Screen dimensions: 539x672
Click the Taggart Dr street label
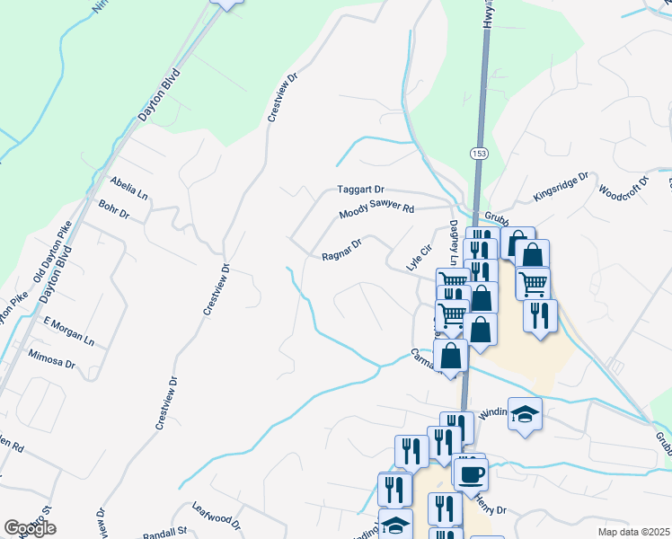point(360,190)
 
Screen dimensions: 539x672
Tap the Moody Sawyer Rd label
point(376,211)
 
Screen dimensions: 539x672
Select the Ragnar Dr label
point(341,250)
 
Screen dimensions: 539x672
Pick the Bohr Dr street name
point(114,210)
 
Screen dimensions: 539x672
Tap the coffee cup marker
point(471,473)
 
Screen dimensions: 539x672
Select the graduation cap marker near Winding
point(525,413)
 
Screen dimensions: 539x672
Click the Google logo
point(29,529)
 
